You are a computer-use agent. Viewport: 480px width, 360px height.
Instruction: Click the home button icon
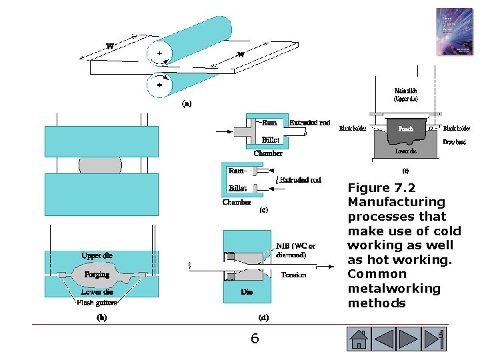click(x=359, y=339)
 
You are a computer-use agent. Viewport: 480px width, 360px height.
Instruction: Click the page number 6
click(x=254, y=339)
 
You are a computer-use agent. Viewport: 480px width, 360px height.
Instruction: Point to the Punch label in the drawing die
click(x=405, y=128)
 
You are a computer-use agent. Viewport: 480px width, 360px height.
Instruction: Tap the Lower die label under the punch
click(x=405, y=151)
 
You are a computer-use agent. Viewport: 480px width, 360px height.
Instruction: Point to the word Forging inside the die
click(x=97, y=275)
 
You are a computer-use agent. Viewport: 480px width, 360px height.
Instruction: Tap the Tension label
click(x=293, y=274)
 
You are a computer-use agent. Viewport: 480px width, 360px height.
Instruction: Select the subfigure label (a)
click(x=187, y=103)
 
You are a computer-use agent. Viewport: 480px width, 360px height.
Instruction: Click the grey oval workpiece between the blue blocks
click(x=101, y=165)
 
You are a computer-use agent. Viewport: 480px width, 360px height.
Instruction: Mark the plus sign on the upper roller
click(x=159, y=53)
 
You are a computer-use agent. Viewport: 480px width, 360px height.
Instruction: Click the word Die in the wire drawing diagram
click(x=247, y=292)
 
